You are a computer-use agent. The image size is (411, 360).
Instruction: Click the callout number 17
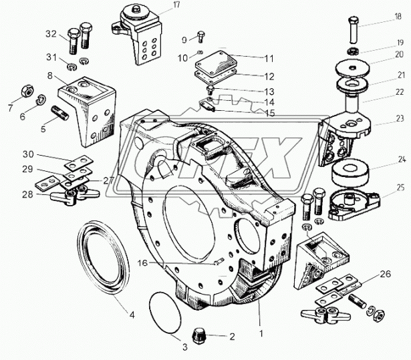[x=176, y=5]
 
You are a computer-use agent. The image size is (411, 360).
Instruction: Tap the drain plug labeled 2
[x=198, y=337]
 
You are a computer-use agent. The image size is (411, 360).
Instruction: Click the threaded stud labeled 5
[x=60, y=113]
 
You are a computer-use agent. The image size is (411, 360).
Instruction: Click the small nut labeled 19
[x=353, y=51]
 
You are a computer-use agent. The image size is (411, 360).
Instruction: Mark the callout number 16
[x=143, y=262]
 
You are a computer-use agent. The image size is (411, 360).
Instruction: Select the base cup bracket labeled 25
[x=354, y=204]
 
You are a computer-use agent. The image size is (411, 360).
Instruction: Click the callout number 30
[x=28, y=154]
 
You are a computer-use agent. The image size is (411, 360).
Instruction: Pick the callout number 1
[x=261, y=334]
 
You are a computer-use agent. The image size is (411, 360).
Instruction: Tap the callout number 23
[x=400, y=118]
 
